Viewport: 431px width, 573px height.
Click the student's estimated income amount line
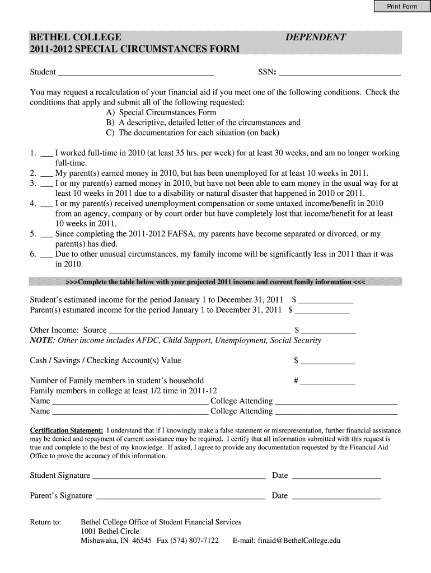[x=326, y=300]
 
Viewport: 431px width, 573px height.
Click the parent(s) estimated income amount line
[x=322, y=311]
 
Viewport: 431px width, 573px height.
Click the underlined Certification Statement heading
[x=66, y=430]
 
